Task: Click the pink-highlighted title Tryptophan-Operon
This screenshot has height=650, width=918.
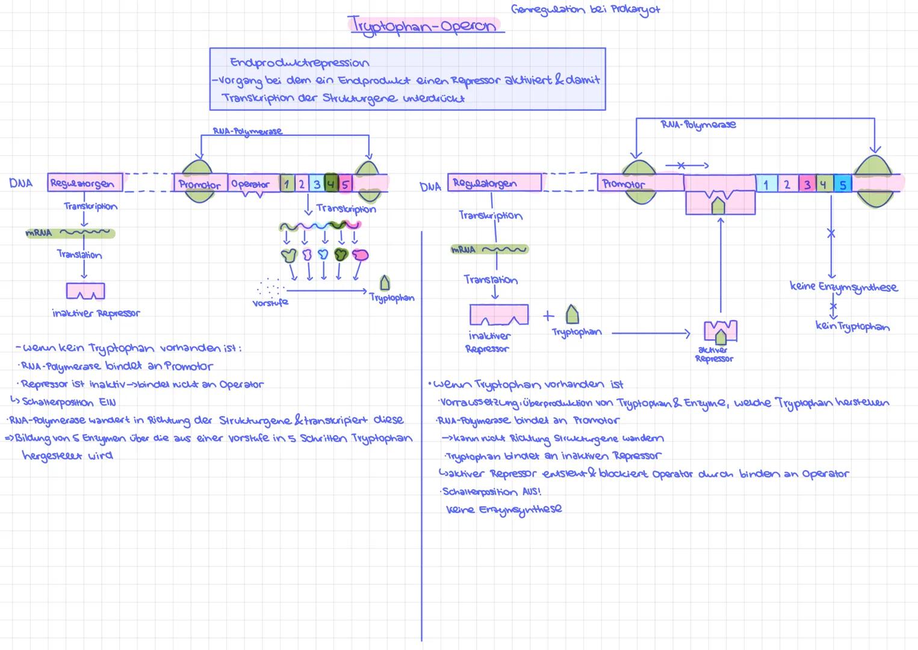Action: tap(424, 25)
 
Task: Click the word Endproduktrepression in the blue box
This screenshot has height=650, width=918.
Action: tap(299, 63)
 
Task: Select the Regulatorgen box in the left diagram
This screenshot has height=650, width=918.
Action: tap(85, 183)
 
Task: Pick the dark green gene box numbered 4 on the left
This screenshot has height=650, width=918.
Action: tap(330, 183)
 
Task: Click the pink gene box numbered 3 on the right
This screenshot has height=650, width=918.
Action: tap(807, 184)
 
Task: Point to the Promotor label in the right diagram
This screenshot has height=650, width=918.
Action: tap(624, 184)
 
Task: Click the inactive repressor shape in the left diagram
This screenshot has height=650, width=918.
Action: tap(85, 291)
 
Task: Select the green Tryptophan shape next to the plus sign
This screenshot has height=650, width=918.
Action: tap(572, 314)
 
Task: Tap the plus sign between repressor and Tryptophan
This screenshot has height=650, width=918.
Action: tap(548, 315)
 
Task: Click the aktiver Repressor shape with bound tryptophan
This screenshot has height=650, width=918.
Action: tap(721, 332)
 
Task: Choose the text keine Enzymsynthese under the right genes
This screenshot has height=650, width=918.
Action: tap(843, 287)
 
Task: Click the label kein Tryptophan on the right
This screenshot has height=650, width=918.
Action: tap(852, 327)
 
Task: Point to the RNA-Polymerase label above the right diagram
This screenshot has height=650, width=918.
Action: tap(698, 125)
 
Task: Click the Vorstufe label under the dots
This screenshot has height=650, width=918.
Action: tap(270, 303)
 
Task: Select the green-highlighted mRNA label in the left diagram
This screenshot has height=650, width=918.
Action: tap(39, 233)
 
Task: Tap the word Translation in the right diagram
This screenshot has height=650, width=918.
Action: tap(491, 280)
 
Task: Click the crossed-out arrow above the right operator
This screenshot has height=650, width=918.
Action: tap(686, 165)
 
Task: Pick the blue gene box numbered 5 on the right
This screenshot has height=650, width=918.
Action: tap(843, 184)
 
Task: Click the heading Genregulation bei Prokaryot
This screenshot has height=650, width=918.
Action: tap(585, 10)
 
